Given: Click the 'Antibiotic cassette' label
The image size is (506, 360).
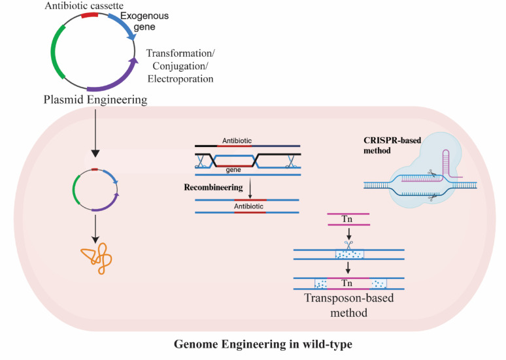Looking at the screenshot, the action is coord(84,5).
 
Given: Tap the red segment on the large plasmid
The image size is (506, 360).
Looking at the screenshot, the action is coord(90,15).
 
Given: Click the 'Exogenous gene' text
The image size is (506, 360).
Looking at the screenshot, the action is coord(144,21).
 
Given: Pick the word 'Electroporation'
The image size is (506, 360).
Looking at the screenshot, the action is coord(180,78).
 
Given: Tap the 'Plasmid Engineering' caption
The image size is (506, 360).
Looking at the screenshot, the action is coord(95,99).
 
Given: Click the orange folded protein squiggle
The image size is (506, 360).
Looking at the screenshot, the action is coord(97,258).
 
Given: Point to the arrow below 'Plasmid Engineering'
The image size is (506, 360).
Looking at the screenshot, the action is coord(95,133).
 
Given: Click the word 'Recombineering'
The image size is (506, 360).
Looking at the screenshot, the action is coord(213,187).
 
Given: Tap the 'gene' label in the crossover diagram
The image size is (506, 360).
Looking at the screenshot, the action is coord(233,170).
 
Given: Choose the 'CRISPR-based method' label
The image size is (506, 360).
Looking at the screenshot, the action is coord(392,146).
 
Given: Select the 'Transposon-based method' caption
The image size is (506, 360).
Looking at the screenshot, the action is coord(349,305).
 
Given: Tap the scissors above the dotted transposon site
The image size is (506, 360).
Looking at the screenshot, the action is coord(348,245).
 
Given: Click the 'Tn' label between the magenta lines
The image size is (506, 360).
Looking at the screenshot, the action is coord(347,219).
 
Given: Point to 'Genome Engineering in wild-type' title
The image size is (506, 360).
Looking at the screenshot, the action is coord(263,344).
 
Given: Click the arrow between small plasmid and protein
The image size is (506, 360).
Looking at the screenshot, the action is coord(95,229).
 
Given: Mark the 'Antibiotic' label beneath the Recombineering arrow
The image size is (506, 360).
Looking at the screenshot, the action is coord(248,206).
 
